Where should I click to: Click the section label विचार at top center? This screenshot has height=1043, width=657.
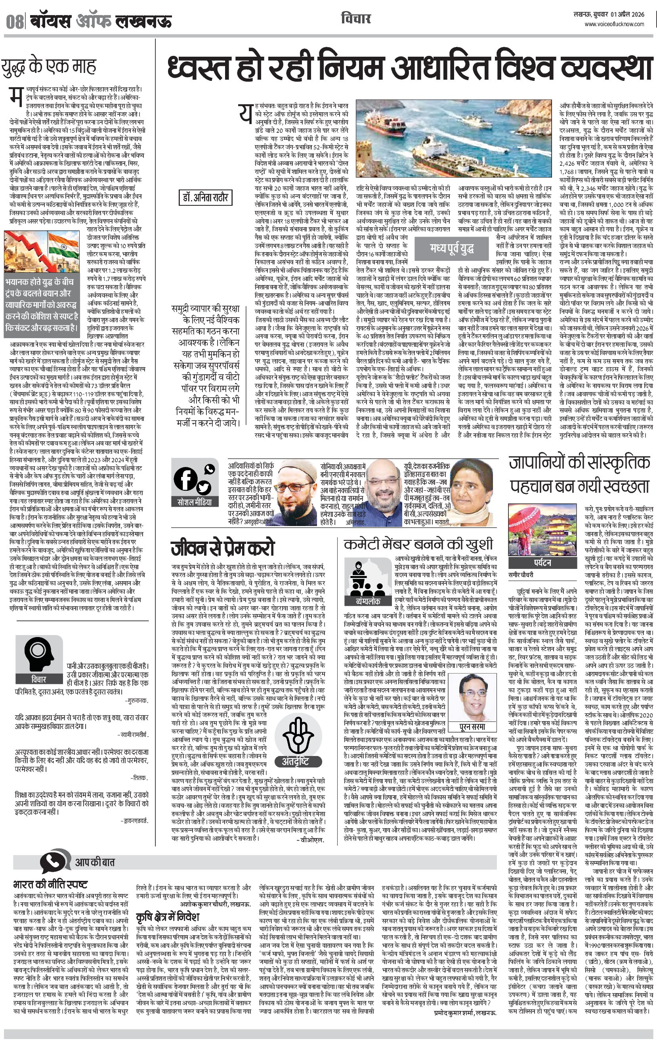point(355,19)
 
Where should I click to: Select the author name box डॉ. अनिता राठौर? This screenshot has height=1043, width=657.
point(205,198)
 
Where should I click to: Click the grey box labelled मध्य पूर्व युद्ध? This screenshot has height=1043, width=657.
point(452,248)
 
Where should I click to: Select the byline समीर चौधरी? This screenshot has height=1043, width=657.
point(521,575)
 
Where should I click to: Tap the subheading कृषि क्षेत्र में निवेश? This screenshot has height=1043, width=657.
point(168,917)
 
